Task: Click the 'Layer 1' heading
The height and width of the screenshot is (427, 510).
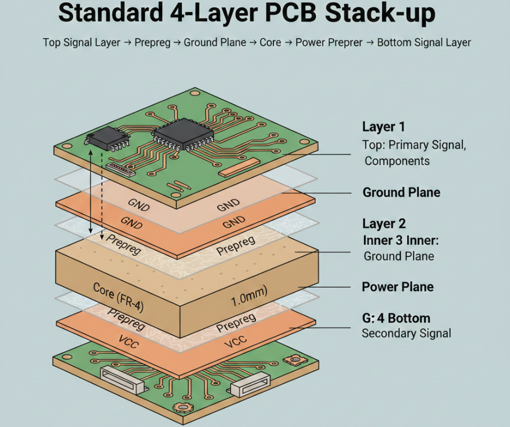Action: point(383,127)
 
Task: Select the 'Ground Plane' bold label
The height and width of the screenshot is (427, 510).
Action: point(401,192)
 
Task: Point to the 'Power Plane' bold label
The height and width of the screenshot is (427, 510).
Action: point(397,287)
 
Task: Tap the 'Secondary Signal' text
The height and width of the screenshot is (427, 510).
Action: point(406,333)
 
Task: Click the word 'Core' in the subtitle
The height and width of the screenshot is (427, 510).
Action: point(270,42)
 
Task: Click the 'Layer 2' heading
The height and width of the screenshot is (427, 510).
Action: point(383,223)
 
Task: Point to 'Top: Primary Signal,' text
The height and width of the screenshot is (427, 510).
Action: point(414,145)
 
